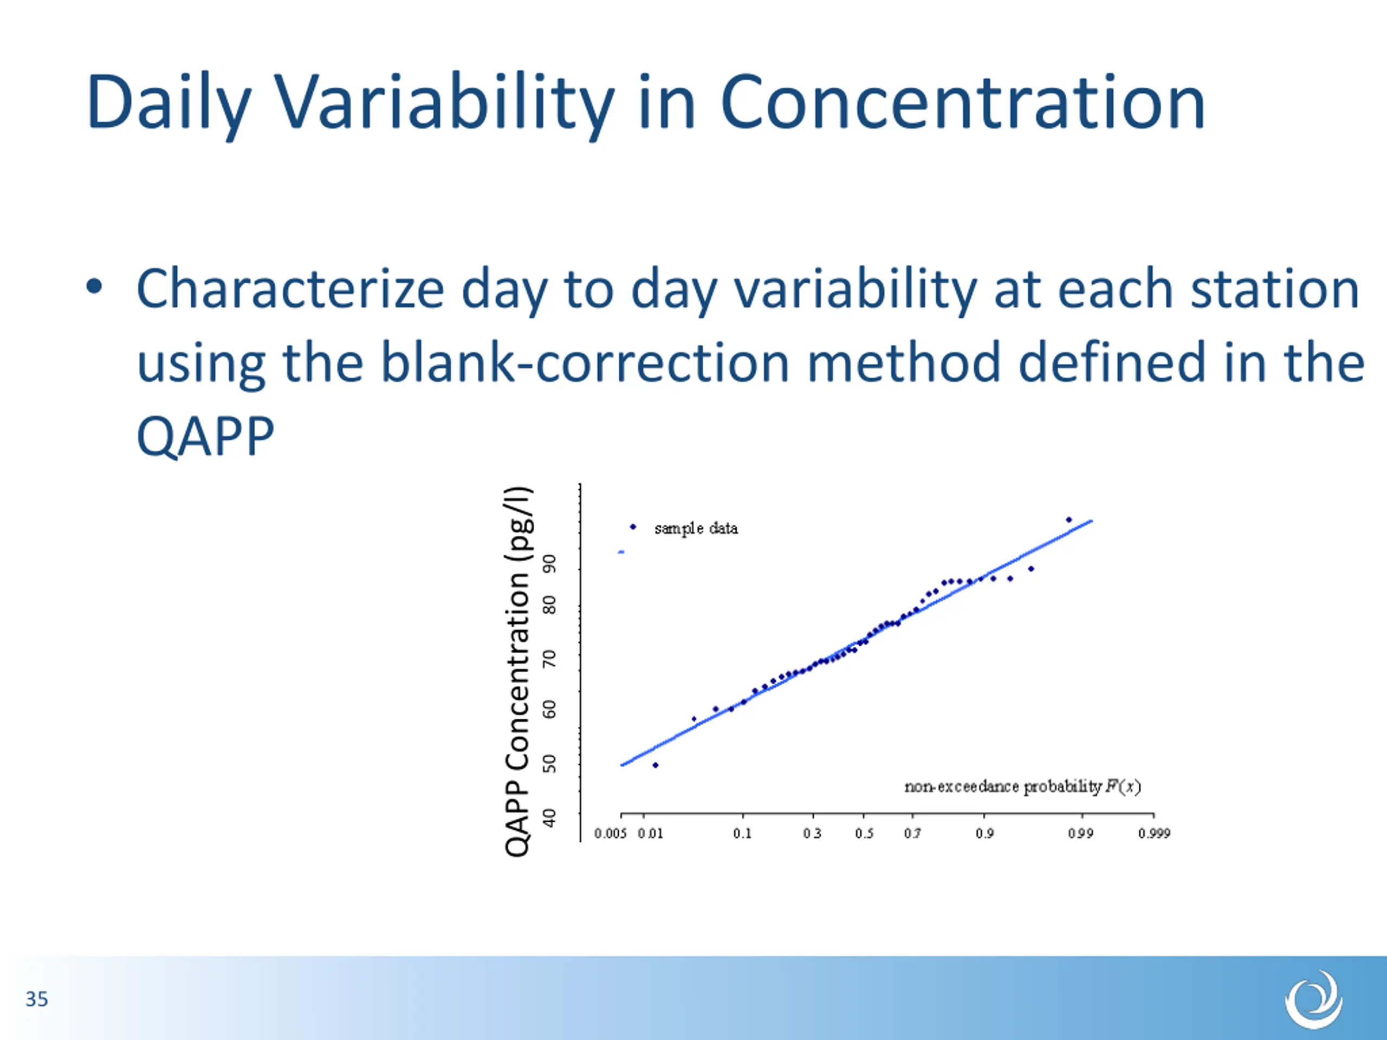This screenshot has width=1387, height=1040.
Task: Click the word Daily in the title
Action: click(x=168, y=104)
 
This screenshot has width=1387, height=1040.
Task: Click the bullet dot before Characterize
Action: click(x=94, y=287)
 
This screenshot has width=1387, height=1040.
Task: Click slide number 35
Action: click(x=36, y=999)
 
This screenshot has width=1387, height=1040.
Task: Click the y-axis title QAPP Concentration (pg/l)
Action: click(x=518, y=671)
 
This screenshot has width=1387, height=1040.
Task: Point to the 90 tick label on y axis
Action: click(x=549, y=563)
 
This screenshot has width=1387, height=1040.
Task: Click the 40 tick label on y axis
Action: click(x=549, y=818)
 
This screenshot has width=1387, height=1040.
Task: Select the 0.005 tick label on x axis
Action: click(x=610, y=833)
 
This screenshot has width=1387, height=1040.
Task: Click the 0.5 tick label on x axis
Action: click(x=864, y=833)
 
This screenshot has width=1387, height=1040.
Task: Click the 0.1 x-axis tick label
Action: click(x=742, y=833)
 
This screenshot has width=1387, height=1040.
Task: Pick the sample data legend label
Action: click(x=696, y=529)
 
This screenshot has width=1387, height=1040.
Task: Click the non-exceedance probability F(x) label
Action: click(x=1022, y=786)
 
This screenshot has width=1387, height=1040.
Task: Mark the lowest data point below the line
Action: click(x=655, y=765)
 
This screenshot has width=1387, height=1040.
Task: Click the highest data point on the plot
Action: click(x=1069, y=519)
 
